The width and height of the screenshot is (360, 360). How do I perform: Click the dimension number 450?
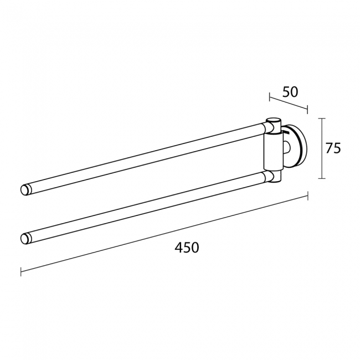187,248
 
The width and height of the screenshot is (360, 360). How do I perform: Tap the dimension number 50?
290,92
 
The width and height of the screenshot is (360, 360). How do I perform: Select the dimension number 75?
333,148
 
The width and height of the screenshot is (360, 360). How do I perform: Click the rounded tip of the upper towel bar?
24,189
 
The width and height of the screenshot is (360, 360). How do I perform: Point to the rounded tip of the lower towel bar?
24,239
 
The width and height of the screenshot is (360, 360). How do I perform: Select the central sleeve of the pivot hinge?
272,152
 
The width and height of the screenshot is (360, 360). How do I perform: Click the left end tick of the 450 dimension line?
20,271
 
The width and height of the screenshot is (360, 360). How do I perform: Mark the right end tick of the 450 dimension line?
307,196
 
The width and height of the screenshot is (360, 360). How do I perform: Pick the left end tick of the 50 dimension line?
270,97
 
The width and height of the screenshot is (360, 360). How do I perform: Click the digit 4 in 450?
178,248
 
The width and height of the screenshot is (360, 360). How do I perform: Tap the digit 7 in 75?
329,148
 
